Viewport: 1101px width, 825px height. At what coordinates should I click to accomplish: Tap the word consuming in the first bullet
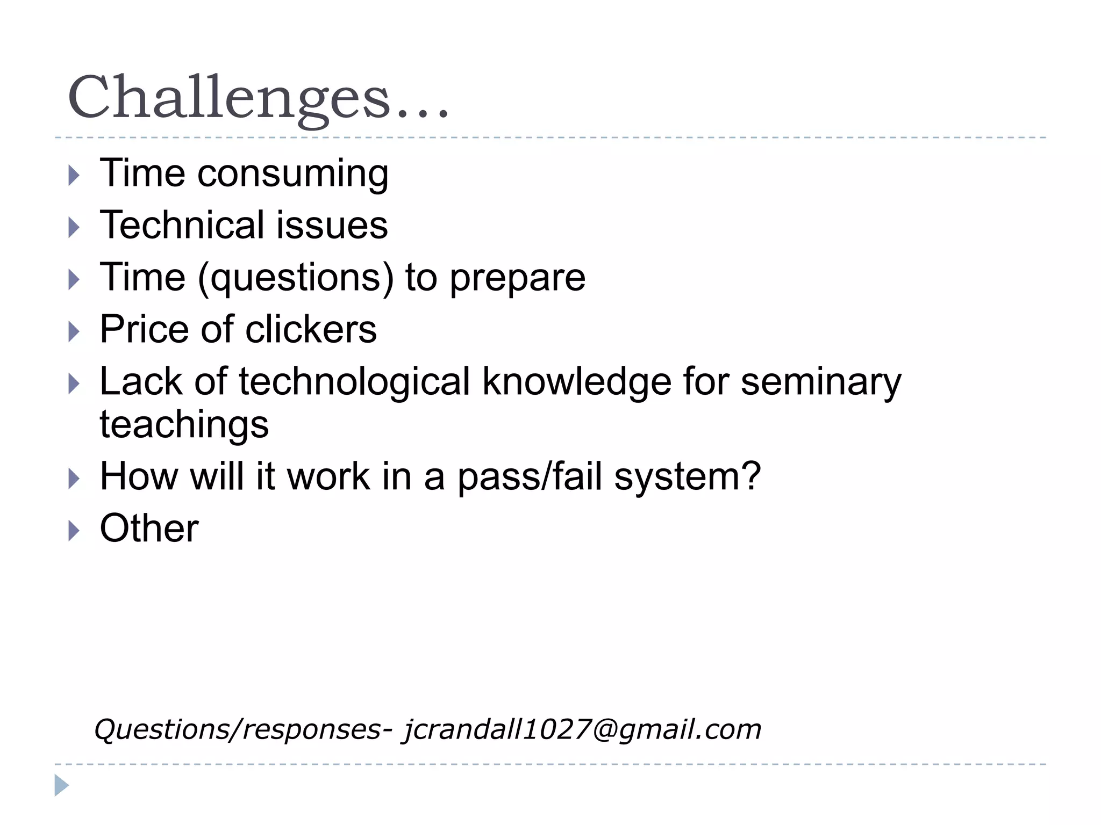pyautogui.click(x=292, y=174)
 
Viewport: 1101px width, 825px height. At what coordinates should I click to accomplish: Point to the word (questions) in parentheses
pyautogui.click(x=296, y=278)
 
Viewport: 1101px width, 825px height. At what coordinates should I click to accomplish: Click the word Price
pyautogui.click(x=144, y=329)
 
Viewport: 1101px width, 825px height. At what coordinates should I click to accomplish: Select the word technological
pyautogui.click(x=354, y=382)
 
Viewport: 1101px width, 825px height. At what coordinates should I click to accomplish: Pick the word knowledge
pyautogui.click(x=577, y=382)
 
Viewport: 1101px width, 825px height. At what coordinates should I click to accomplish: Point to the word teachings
pyautogui.click(x=184, y=425)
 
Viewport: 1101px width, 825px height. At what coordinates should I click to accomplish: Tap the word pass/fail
pyautogui.click(x=530, y=477)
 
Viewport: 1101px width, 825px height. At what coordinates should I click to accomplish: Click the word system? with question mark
pyautogui.click(x=688, y=477)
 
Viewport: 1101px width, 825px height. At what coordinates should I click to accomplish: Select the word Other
pyautogui.click(x=149, y=529)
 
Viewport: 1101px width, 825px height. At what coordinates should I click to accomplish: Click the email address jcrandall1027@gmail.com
pyautogui.click(x=582, y=730)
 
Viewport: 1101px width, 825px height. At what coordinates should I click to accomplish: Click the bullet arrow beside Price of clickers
pyautogui.click(x=74, y=331)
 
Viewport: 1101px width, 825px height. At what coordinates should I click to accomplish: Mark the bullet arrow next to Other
pyautogui.click(x=74, y=531)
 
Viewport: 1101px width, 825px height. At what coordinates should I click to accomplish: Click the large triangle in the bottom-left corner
pyautogui.click(x=61, y=785)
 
